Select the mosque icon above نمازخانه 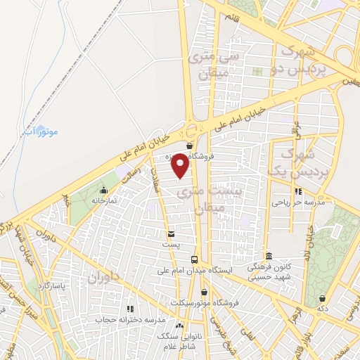tap(104, 190)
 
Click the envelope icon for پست tap(172, 233)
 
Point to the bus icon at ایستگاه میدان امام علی tap(195, 259)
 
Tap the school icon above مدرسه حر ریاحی tap(298, 191)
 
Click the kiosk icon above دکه tap(323, 299)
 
